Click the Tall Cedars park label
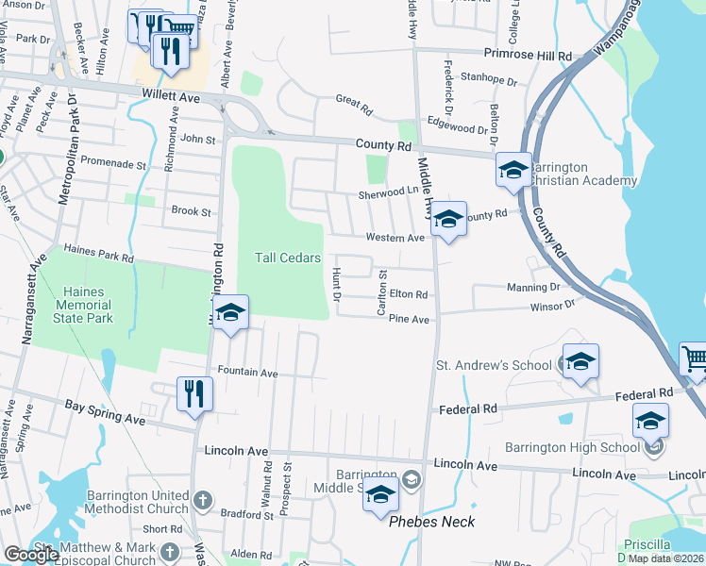pyautogui.click(x=288, y=258)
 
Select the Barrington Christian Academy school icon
pyautogui.click(x=513, y=171)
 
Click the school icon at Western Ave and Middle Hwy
pyautogui.click(x=448, y=220)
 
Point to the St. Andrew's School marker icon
pyautogui.click(x=580, y=361)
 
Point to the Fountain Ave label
pyautogui.click(x=247, y=374)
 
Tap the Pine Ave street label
pyautogui.click(x=409, y=320)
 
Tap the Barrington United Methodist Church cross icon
pyautogui.click(x=202, y=496)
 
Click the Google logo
pyautogui.click(x=31, y=555)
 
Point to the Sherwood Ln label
pyautogui.click(x=387, y=193)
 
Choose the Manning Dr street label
pyautogui.click(x=533, y=286)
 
